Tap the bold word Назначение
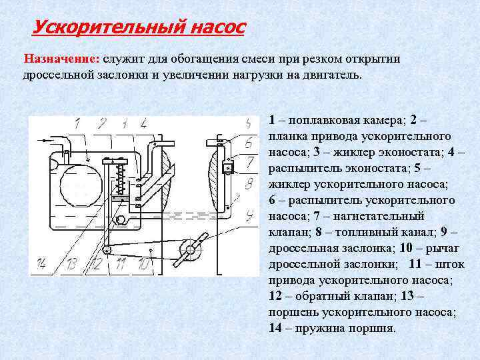tap(61, 58)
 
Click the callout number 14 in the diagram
tap(41, 265)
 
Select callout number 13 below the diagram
tap(71, 265)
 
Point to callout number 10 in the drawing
tap(143, 265)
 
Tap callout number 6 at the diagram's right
tap(248, 142)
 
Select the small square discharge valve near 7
tap(227, 167)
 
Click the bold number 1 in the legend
tap(272, 120)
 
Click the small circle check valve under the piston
tap(121, 219)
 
